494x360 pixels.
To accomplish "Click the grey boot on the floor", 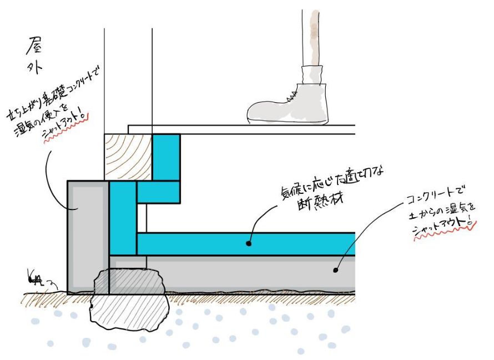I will click(289, 106).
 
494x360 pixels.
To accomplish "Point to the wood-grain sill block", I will click(128, 157).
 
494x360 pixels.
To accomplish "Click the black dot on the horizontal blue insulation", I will click(249, 243).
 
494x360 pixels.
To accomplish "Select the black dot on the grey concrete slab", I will click(335, 271).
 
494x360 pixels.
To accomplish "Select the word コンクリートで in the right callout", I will click(433, 196).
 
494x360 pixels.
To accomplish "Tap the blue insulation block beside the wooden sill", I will click(166, 157).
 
